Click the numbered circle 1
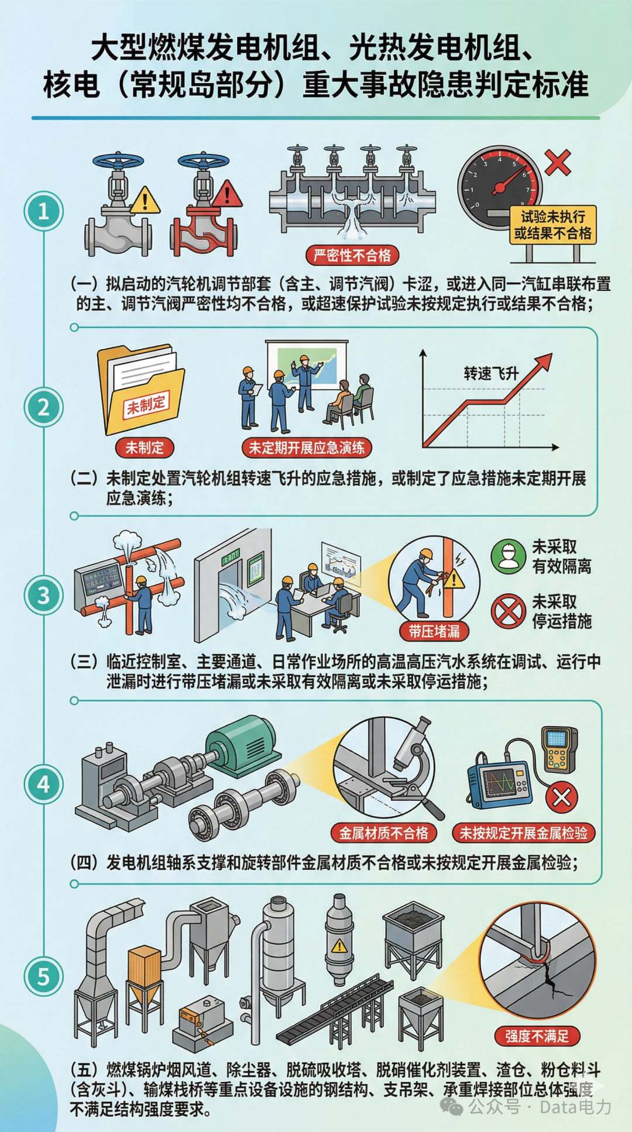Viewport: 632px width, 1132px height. point(43,211)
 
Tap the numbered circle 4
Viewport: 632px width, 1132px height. point(43,784)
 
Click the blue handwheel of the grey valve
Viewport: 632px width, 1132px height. point(118,161)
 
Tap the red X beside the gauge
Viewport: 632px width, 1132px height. point(557,162)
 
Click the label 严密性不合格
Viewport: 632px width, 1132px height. point(352,255)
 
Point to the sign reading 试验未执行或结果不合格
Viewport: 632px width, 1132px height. point(552,225)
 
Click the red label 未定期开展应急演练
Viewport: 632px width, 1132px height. point(307,448)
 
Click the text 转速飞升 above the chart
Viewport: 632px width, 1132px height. point(491,373)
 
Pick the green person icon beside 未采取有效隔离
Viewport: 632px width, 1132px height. point(508,556)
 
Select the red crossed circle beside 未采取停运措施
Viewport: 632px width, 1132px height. point(508,611)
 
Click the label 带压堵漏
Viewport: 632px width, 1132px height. point(434,631)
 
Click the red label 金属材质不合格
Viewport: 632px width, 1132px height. point(384,833)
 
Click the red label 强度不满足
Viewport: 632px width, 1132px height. point(537,1036)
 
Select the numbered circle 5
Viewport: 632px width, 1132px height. point(43,976)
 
